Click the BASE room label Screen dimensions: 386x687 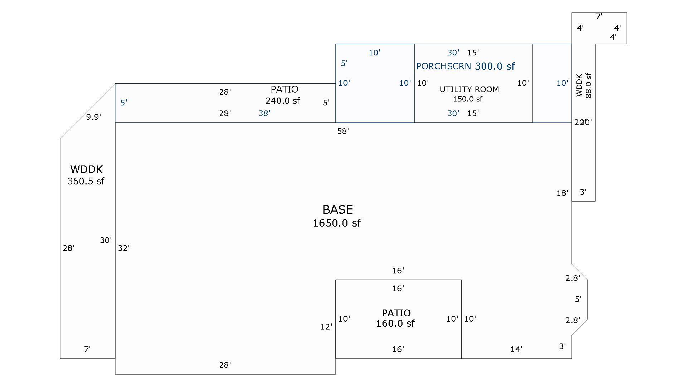coord(337,209)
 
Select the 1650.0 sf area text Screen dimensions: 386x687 coord(337,223)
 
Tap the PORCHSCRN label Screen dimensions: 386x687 coord(444,66)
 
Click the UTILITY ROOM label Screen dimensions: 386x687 coord(469,89)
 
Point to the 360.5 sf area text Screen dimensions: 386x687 coord(86,181)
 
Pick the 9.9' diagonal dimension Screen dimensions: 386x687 coord(93,117)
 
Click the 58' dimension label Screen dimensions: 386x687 coord(343,131)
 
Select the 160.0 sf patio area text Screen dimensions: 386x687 coord(395,323)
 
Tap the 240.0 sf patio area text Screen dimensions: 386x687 coord(283,101)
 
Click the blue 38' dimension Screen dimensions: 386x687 coord(264,113)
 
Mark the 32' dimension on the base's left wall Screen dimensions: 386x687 coord(123,248)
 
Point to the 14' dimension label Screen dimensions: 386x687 coord(516,349)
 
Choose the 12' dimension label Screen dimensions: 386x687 coord(326,327)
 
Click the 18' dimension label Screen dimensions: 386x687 coord(562,193)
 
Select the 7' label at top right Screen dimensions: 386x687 coord(599,16)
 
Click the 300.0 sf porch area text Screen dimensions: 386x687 coord(495,66)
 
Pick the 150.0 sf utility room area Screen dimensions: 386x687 coord(467,99)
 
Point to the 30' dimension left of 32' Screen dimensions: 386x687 coord(106,240)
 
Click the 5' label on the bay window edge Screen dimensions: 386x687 coord(578,299)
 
